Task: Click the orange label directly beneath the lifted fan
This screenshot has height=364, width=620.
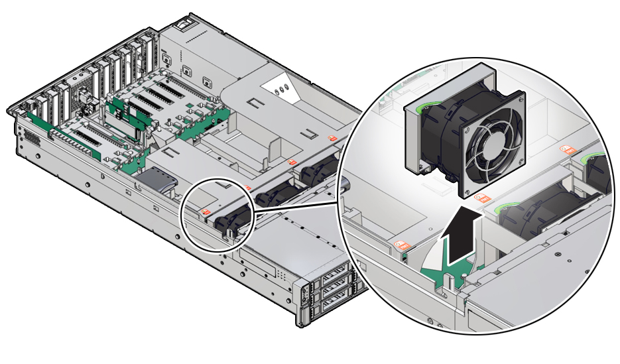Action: (482, 197)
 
